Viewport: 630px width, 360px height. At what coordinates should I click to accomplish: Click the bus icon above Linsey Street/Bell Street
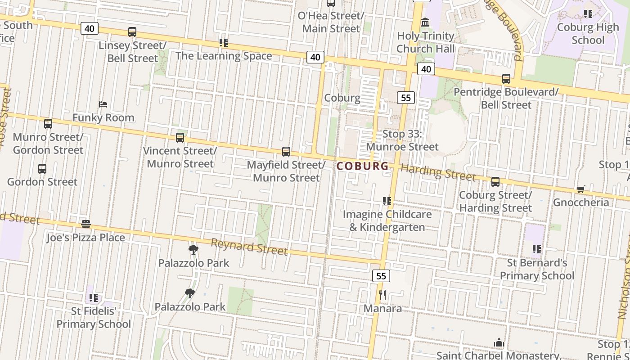pyautogui.click(x=132, y=32)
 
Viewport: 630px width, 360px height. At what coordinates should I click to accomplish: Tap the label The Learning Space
pyautogui.click(x=224, y=56)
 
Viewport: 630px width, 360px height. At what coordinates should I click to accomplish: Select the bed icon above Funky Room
pyautogui.click(x=103, y=104)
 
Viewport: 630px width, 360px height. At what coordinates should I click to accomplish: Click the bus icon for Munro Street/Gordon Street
pyautogui.click(x=48, y=124)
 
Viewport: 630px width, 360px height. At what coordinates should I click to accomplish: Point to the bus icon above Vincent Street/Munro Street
pyautogui.click(x=180, y=138)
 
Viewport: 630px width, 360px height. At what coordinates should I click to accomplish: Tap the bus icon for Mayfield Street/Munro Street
pyautogui.click(x=286, y=152)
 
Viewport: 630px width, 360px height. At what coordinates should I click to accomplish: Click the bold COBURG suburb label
pyautogui.click(x=362, y=166)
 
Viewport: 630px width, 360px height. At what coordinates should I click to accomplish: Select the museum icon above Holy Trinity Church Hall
pyautogui.click(x=425, y=22)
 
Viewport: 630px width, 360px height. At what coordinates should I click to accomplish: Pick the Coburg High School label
pyautogui.click(x=588, y=34)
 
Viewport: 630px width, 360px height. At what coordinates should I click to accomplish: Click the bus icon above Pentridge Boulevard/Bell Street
pyautogui.click(x=506, y=79)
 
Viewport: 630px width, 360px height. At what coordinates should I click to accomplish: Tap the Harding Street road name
pyautogui.click(x=437, y=172)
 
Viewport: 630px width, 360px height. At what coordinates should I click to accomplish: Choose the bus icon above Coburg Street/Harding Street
pyautogui.click(x=495, y=182)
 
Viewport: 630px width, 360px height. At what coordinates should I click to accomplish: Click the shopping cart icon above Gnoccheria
pyautogui.click(x=581, y=189)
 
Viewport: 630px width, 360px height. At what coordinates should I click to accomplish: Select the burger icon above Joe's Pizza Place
pyautogui.click(x=86, y=224)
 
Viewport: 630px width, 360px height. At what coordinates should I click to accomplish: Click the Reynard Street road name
pyautogui.click(x=249, y=247)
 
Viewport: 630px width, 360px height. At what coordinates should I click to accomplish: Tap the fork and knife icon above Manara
pyautogui.click(x=382, y=295)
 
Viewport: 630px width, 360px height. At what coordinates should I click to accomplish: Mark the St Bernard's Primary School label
pyautogui.click(x=537, y=269)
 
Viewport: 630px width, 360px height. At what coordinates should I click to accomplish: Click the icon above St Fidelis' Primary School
pyautogui.click(x=94, y=297)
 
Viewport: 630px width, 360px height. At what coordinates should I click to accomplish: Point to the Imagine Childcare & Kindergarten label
pyautogui.click(x=387, y=220)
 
